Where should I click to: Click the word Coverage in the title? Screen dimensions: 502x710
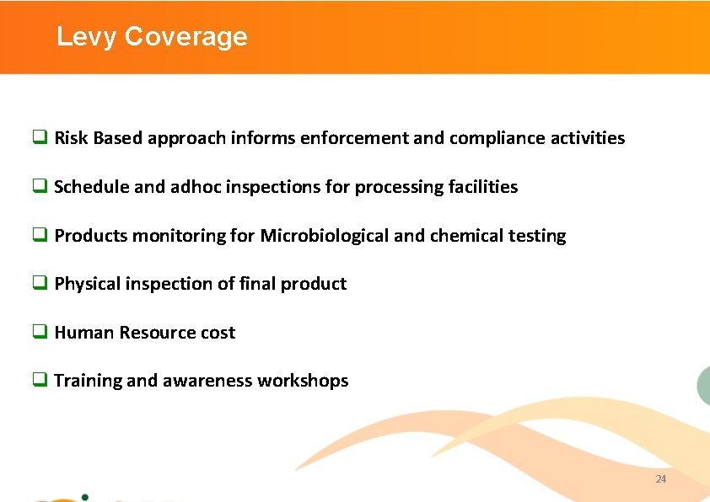coord(186,37)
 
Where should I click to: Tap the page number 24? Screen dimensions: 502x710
coord(660,478)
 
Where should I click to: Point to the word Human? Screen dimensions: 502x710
coord(83,333)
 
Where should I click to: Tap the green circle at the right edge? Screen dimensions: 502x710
coord(704,386)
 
